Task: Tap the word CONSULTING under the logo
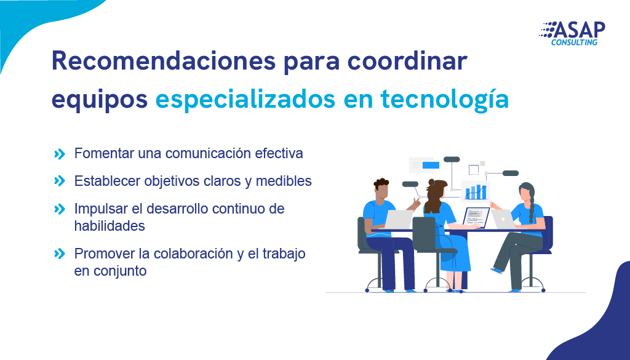point(574,42)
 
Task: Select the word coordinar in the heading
point(407,61)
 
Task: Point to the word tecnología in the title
point(445,99)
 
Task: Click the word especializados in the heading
point(245,99)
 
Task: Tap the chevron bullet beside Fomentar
point(60,154)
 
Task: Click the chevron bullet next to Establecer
point(60,181)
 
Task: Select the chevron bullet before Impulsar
point(60,209)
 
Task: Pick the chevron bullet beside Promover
point(60,254)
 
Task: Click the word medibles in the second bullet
point(284,181)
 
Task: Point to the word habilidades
point(110,226)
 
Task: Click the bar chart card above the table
point(476,190)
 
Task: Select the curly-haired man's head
point(382,189)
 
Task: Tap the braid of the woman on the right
point(532,207)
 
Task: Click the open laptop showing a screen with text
point(476,218)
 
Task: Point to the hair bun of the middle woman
point(431,182)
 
